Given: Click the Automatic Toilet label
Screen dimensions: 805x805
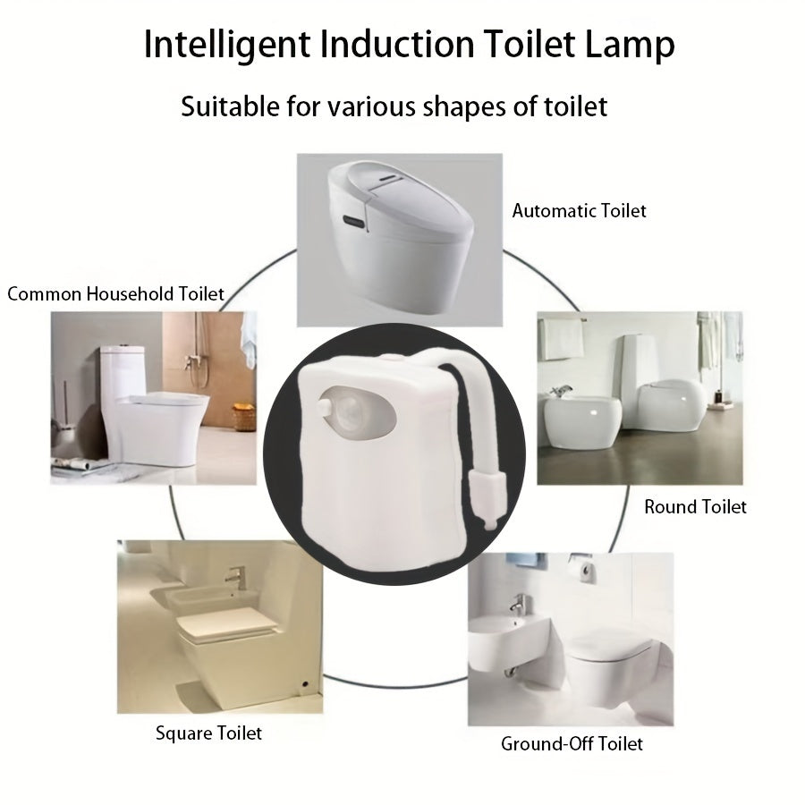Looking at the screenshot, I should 579,211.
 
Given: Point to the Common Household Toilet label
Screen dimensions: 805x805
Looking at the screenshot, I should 115,293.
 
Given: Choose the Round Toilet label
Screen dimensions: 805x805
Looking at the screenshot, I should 695,507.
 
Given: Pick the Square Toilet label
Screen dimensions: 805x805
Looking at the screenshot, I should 208,733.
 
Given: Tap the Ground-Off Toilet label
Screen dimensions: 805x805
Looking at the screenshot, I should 572,743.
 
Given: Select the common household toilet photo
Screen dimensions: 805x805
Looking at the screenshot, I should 153,398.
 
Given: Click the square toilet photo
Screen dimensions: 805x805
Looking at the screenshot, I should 220,625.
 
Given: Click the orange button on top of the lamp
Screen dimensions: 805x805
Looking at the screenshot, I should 391,357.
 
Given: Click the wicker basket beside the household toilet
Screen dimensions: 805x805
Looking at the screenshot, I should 241,418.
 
